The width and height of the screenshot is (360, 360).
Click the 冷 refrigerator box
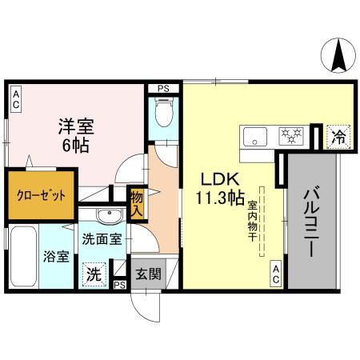[339, 137]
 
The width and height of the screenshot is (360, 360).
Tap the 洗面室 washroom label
[102, 238]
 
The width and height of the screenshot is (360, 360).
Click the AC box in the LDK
[275, 274]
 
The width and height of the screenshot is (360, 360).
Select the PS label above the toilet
[163, 88]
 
